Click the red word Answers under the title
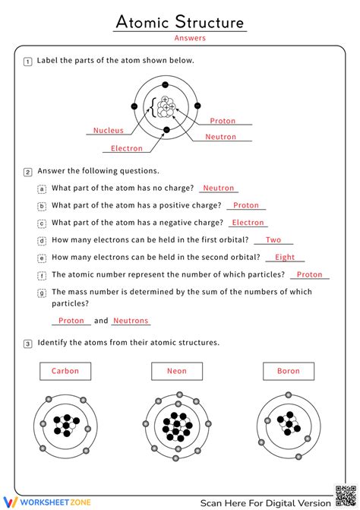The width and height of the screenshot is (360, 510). [x=189, y=38]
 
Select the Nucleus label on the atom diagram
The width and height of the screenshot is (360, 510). [x=109, y=131]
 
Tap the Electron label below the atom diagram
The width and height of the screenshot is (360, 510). [x=127, y=149]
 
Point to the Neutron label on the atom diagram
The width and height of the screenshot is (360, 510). [x=221, y=138]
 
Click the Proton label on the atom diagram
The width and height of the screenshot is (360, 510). [x=223, y=121]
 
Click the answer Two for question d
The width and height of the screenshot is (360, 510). [x=273, y=240]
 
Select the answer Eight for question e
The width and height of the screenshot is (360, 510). [x=285, y=258]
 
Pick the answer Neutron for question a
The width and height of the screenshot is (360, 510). [x=219, y=188]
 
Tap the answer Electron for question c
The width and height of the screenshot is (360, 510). [x=248, y=223]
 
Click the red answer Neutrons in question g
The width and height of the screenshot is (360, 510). [x=131, y=321]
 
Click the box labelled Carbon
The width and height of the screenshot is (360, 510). [x=65, y=372]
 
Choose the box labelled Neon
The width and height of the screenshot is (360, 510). [x=177, y=372]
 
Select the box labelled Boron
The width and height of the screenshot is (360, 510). [x=288, y=372]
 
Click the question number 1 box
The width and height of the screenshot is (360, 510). [x=28, y=62]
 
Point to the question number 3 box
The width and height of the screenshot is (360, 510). [x=28, y=344]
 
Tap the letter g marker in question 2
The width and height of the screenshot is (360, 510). [x=43, y=293]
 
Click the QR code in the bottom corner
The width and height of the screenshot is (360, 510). [x=343, y=494]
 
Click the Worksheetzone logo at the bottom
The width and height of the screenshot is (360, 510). [x=38, y=502]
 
